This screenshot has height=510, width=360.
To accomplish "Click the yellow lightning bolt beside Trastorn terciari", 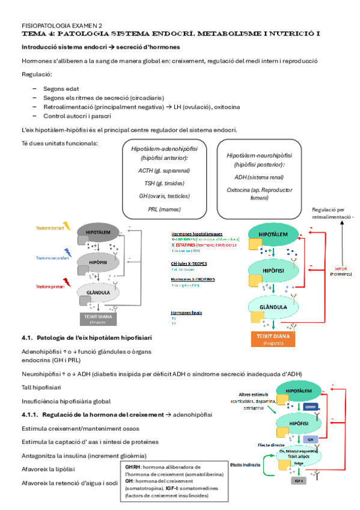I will (67, 227).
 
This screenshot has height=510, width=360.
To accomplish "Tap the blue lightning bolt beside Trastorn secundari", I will (67, 256).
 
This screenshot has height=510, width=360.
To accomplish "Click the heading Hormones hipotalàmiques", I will (197, 233).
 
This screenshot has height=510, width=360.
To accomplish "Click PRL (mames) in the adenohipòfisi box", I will (160, 209).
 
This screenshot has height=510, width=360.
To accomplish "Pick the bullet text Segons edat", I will (59, 88).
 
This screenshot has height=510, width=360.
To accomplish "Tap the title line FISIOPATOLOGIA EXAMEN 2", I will (62, 26).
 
